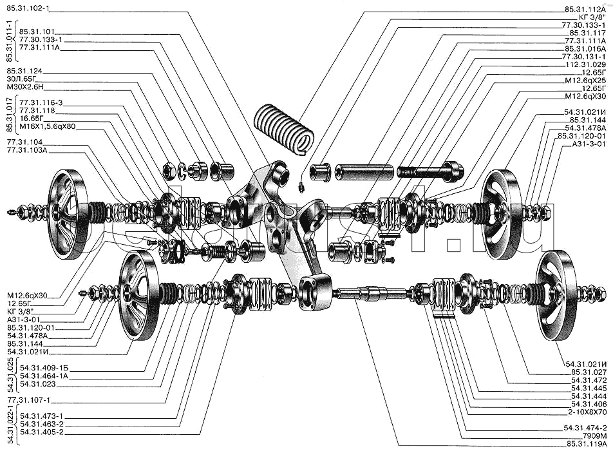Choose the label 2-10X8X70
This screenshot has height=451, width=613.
(x=587, y=412)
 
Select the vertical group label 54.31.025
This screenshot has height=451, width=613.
(x=10, y=375)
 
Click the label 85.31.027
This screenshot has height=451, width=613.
(x=589, y=372)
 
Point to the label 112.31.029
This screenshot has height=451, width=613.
(x=586, y=64)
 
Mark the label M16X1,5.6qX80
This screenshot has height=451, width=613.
(x=47, y=127)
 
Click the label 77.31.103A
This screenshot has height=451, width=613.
(x=27, y=150)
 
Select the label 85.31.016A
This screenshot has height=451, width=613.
(x=585, y=49)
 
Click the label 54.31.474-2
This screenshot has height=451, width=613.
(x=585, y=428)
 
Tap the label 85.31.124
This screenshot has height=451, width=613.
(x=24, y=71)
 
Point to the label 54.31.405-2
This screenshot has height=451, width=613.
(x=41, y=432)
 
